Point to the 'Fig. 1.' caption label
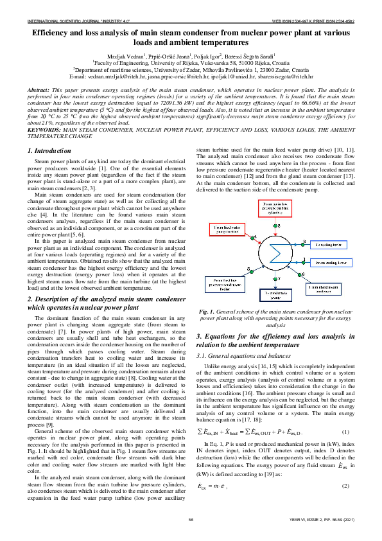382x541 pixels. click(207, 329)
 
